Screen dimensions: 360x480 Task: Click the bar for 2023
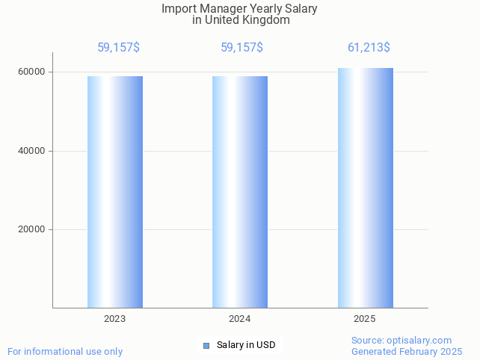(x=115, y=192)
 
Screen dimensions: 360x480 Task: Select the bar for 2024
(x=240, y=192)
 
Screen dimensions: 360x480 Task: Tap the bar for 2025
(x=365, y=188)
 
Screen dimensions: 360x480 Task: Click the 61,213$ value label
(x=369, y=48)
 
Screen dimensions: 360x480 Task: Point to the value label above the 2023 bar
(x=118, y=48)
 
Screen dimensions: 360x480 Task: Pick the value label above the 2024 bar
(x=241, y=48)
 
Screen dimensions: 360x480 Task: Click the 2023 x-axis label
(x=115, y=319)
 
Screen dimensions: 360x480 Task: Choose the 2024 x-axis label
(x=240, y=319)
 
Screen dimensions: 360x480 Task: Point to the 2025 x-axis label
(x=365, y=319)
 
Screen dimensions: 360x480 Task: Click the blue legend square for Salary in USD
(x=206, y=345)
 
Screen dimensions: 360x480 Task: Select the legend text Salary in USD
(x=246, y=345)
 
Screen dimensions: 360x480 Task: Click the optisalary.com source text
(x=401, y=341)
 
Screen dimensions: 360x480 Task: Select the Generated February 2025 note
(x=407, y=352)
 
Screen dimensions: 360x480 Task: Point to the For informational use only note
(x=65, y=352)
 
